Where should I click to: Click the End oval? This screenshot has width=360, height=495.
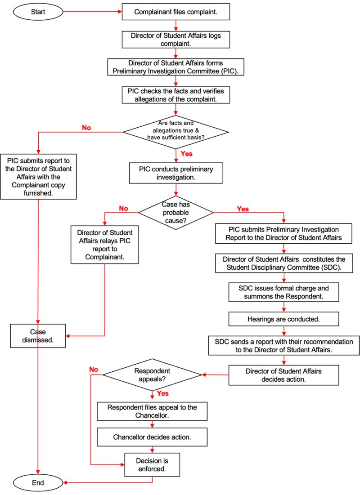point(38,483)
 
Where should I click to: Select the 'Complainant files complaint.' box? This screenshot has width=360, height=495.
point(176,12)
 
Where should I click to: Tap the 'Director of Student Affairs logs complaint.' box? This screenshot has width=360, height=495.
point(176,39)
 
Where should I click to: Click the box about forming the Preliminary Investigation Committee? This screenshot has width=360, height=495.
point(176,67)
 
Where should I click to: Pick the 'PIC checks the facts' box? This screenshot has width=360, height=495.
point(176,94)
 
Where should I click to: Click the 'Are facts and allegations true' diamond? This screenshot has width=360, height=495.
point(176,131)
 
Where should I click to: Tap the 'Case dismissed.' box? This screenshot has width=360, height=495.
point(38,335)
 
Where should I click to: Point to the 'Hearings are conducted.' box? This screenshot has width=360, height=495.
point(283,319)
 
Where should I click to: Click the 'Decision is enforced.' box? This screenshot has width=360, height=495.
point(153,465)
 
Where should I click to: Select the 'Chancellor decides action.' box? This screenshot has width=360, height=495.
point(153,437)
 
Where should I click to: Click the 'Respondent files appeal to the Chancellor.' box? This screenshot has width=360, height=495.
point(153,411)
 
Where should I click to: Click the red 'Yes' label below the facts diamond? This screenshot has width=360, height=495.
point(187,154)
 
